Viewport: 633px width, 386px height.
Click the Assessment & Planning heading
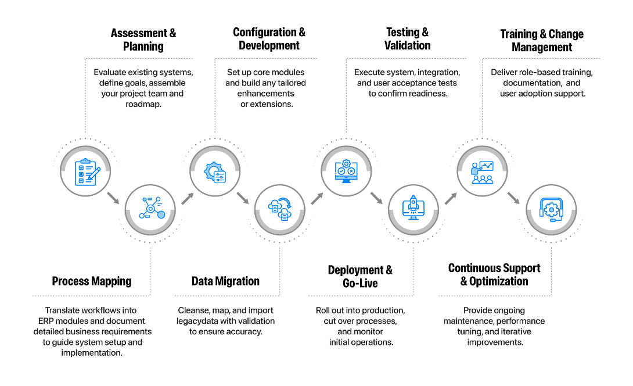[x=143, y=40]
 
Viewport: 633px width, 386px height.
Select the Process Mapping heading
[x=92, y=281]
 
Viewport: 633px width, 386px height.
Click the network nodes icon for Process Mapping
[x=152, y=208]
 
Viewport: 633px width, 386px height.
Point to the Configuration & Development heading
[x=269, y=39]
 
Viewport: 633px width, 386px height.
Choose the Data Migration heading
[x=225, y=281]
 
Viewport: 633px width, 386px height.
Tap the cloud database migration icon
[x=280, y=209]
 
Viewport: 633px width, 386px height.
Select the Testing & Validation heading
[x=407, y=39]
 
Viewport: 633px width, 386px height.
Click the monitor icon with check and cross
[x=346, y=171]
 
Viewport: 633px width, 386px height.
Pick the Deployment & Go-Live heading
[x=360, y=277]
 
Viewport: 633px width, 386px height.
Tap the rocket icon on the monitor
[x=413, y=208]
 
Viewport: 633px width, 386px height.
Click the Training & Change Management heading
[x=542, y=41]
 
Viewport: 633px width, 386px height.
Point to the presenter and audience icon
[x=483, y=173]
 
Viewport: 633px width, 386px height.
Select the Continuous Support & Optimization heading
[x=494, y=274]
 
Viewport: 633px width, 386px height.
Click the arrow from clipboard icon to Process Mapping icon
[x=113, y=198]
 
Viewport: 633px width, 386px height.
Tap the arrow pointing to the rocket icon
[x=376, y=198]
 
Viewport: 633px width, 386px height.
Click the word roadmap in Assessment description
[x=143, y=104]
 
